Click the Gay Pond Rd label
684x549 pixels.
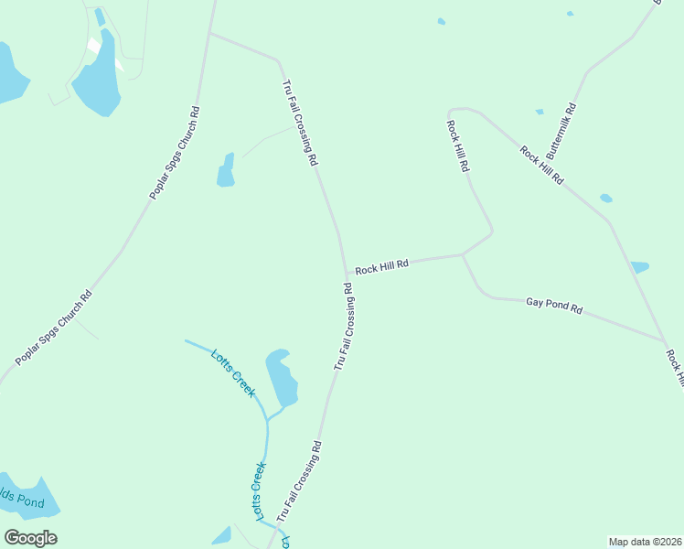(x=554, y=306)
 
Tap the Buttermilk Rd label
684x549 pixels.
(x=561, y=135)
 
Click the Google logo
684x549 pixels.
(x=30, y=538)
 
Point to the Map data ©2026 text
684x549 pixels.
(x=645, y=542)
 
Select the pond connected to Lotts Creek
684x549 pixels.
(x=282, y=377)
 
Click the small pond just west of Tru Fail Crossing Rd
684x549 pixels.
(x=225, y=171)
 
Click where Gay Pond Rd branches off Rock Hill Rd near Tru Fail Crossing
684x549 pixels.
(x=463, y=255)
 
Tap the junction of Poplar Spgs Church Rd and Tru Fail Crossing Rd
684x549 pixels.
(x=210, y=34)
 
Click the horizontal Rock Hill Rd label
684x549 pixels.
(x=381, y=266)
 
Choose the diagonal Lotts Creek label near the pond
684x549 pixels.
(x=232, y=372)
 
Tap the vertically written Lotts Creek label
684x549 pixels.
(x=259, y=491)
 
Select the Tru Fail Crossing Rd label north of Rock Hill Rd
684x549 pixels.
(x=300, y=123)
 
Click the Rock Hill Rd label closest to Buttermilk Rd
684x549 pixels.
(x=541, y=166)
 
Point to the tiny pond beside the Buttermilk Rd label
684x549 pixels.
(x=540, y=112)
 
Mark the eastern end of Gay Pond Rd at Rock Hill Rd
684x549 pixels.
(x=664, y=342)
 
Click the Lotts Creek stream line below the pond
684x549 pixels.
(x=267, y=448)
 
